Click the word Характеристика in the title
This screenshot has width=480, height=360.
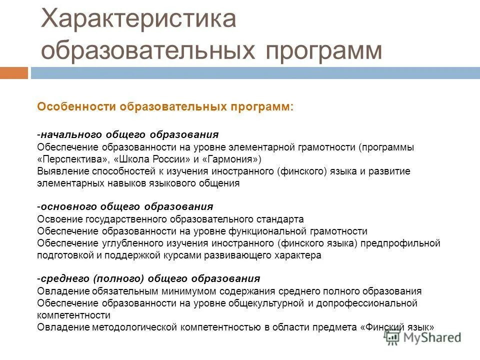138,19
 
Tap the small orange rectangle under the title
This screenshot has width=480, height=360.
13,73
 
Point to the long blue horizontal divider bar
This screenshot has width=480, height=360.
255,73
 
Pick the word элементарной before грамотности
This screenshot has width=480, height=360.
260,147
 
